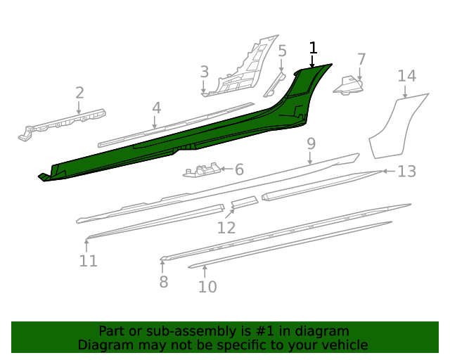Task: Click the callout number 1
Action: [x=313, y=48]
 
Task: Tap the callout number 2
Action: [x=79, y=93]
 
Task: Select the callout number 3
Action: [x=204, y=72]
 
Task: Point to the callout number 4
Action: [x=156, y=108]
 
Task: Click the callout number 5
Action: [x=282, y=51]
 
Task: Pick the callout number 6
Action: [x=238, y=169]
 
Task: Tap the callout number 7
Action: [x=361, y=59]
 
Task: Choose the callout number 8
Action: [x=163, y=282]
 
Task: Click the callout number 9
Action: [x=311, y=144]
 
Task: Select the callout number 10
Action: [x=207, y=286]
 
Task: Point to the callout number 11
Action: [x=88, y=262]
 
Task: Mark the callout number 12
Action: [x=226, y=228]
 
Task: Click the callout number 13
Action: [x=406, y=171]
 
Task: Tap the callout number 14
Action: [x=406, y=76]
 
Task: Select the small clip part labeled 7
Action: [x=349, y=85]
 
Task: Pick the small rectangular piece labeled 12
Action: [x=245, y=202]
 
